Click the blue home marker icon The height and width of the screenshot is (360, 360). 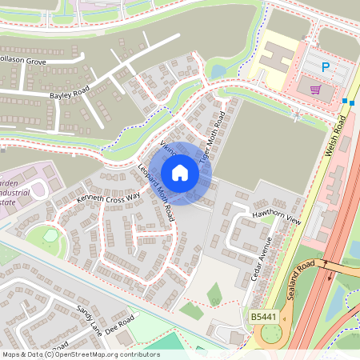tap(180, 173)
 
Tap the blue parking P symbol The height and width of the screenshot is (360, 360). tap(325, 68)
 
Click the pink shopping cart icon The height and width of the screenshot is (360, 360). tap(315, 89)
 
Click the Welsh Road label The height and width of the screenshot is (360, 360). tap(342, 137)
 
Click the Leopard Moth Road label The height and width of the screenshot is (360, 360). tap(156, 192)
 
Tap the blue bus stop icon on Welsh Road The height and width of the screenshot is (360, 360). tap(346, 102)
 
